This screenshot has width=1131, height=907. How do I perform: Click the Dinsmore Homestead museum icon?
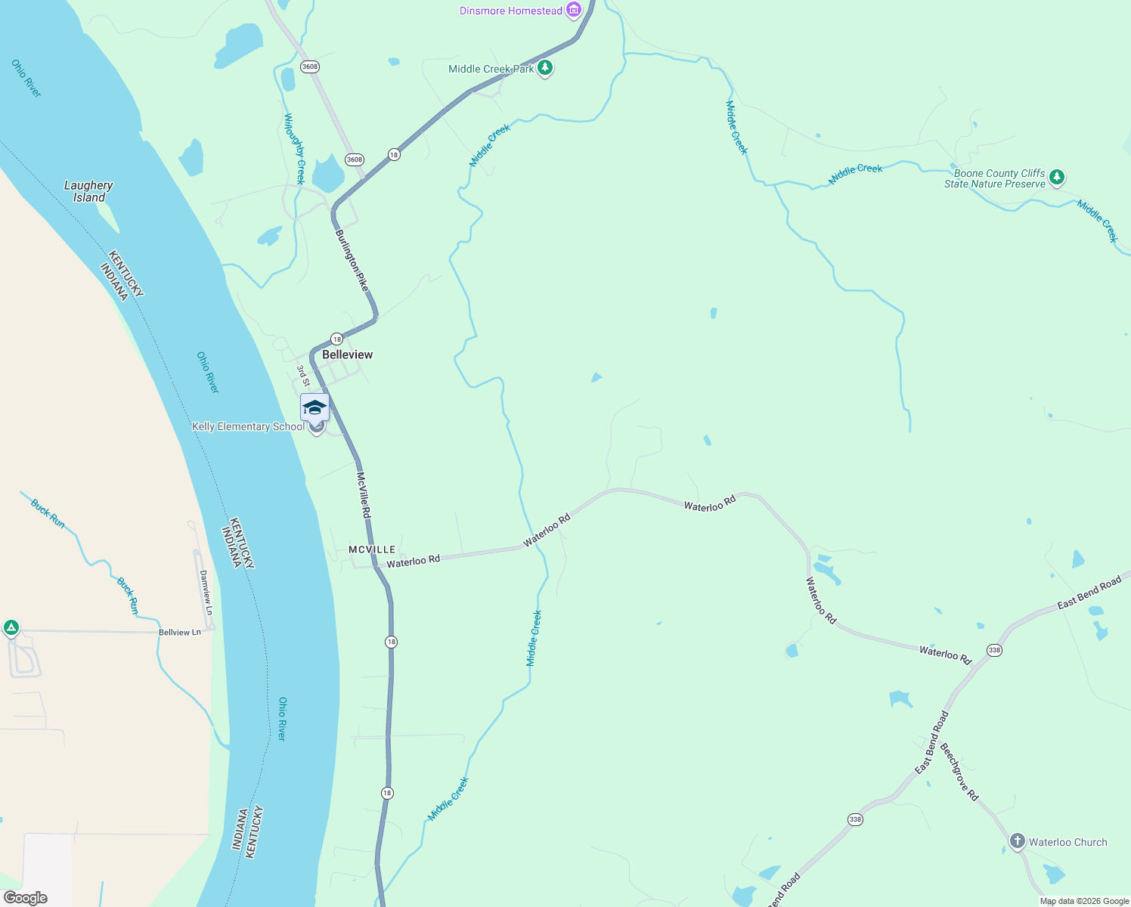point(574,10)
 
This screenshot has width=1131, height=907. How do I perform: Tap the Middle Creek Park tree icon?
point(544,69)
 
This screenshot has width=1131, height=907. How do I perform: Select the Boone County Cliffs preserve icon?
point(1057,178)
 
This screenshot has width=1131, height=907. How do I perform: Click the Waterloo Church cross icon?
point(1018,841)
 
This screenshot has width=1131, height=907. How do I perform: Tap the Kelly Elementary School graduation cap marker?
point(315,408)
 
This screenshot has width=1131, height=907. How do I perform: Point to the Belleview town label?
point(347,354)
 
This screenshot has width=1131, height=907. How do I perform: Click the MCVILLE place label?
point(372,549)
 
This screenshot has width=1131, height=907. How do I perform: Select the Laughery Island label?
point(88,191)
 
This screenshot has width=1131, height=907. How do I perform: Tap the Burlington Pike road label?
point(352,260)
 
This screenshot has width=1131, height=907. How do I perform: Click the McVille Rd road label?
point(364,495)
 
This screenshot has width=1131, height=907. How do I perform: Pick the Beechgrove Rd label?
point(959,771)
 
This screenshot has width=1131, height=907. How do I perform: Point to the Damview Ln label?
point(205,592)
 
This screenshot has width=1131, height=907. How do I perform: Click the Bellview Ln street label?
point(180,632)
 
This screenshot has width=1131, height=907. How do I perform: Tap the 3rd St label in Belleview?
point(302,375)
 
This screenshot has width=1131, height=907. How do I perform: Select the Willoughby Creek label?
point(294,148)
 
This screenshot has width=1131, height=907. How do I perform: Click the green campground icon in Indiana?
point(11,627)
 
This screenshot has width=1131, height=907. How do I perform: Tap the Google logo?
point(26,898)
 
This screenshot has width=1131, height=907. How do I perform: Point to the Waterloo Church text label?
point(1067,842)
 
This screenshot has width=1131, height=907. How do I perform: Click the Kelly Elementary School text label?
point(248,427)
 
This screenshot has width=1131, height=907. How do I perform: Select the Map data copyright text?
point(1084,901)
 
